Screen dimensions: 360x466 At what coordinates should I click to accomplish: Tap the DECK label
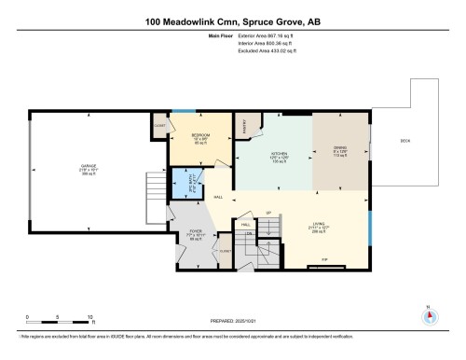click(404, 141)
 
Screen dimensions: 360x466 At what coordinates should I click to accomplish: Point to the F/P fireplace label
click(324, 257)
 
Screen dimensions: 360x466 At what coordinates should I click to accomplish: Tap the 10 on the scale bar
click(89, 318)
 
